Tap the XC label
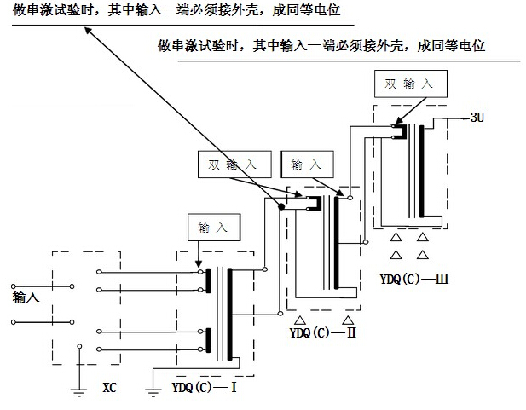pos(109,388)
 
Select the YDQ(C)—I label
pos(205,388)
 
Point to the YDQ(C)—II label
pos(322,332)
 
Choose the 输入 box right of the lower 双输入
pos(307,162)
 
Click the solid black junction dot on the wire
pos(280,208)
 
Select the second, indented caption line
pos(321,46)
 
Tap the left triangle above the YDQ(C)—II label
pos(300,320)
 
